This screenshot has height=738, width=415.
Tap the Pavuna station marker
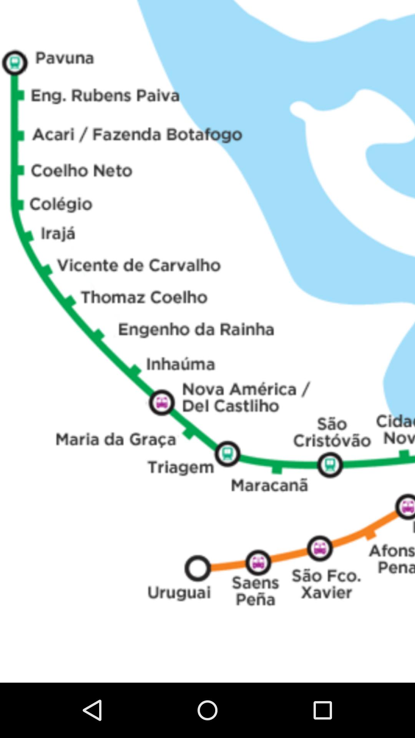pyautogui.click(x=15, y=63)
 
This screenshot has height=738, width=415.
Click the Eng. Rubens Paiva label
pyautogui.click(x=105, y=96)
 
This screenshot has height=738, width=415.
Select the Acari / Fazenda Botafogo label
pyautogui.click(x=137, y=135)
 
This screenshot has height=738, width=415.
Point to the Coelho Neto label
pyautogui.click(x=81, y=171)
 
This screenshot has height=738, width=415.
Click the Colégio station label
pyautogui.click(x=61, y=204)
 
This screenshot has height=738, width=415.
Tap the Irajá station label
pyautogui.click(x=58, y=234)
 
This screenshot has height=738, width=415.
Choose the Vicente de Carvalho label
pyautogui.click(x=139, y=265)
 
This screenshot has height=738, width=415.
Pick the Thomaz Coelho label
pyautogui.click(x=144, y=297)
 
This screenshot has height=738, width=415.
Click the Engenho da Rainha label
pyautogui.click(x=196, y=329)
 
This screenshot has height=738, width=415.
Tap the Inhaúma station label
pyautogui.click(x=181, y=364)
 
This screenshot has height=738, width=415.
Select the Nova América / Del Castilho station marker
pyautogui.click(x=162, y=403)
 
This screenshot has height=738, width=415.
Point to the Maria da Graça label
pyautogui.click(x=116, y=439)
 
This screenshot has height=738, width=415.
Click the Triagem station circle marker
pyautogui.click(x=227, y=454)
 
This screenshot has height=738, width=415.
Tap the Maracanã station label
pyautogui.click(x=269, y=485)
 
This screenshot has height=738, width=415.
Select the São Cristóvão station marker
pyautogui.click(x=330, y=465)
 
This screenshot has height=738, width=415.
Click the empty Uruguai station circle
pyautogui.click(x=198, y=568)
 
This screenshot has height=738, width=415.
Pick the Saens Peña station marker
pyautogui.click(x=258, y=563)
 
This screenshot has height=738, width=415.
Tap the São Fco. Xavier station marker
pyautogui.click(x=320, y=549)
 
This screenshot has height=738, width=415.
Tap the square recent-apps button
pyautogui.click(x=322, y=710)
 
